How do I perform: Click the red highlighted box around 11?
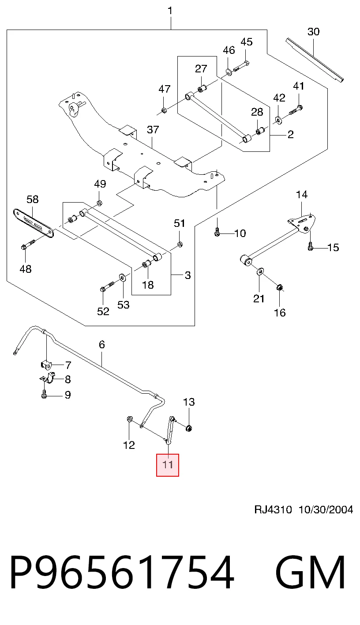[167, 465]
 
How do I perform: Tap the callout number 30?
[313, 31]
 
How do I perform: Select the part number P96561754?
[122, 572]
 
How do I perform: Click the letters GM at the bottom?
[310, 572]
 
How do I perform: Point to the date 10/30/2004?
[326, 510]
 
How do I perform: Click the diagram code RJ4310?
[273, 510]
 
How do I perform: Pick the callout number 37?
[153, 129]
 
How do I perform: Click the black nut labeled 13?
[189, 428]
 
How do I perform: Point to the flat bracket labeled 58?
[33, 223]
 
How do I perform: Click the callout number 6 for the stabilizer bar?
[102, 345]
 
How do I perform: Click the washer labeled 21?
[260, 271]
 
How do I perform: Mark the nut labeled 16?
[279, 287]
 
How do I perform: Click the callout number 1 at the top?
[170, 11]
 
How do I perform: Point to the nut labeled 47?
[164, 110]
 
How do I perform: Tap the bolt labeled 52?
[107, 286]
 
